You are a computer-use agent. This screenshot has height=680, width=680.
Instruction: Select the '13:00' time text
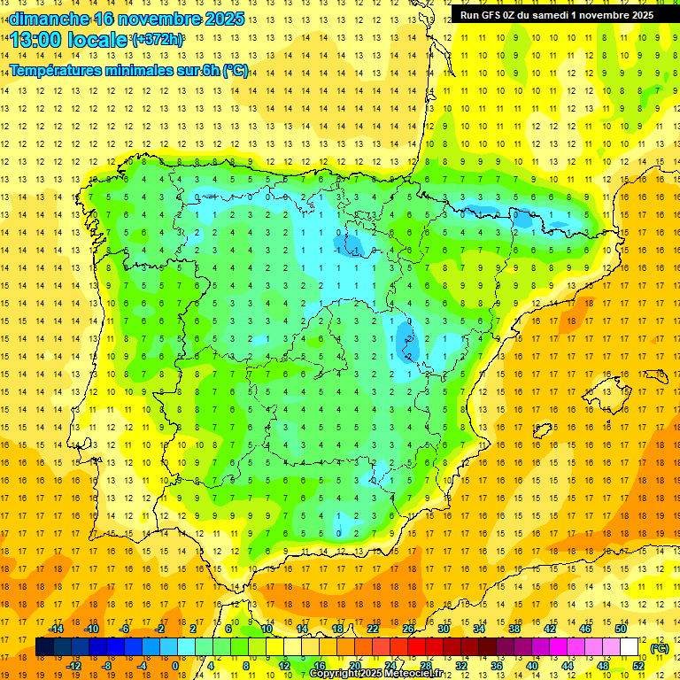tap(36, 40)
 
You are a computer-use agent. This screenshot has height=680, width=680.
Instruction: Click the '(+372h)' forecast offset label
tap(158, 40)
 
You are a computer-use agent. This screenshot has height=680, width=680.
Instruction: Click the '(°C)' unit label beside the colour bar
tap(659, 648)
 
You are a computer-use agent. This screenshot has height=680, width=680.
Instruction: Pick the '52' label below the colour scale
tap(638, 666)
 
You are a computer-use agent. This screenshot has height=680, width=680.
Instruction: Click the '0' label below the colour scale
tap(174, 666)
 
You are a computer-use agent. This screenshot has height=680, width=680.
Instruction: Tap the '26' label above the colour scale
tap(408, 629)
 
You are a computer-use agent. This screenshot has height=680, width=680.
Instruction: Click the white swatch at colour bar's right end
tap(630, 646)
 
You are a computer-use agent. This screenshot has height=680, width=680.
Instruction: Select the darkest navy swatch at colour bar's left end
tap(44, 646)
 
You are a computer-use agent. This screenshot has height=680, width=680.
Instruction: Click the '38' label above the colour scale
tap(514, 629)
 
